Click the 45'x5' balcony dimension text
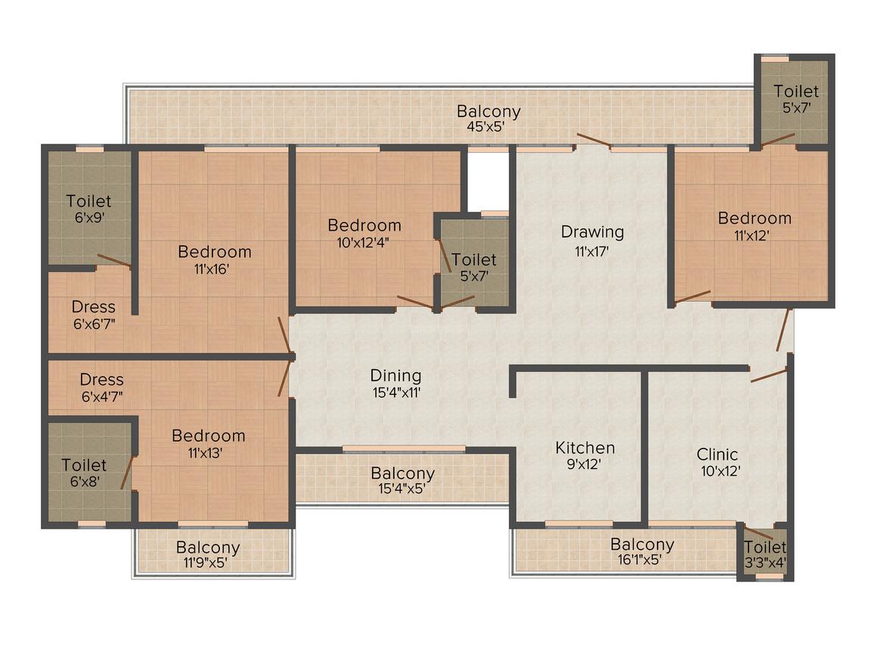pos(487,126)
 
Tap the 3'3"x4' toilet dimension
pos(766,562)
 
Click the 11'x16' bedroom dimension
pos(212,269)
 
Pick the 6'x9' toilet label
pos(89,209)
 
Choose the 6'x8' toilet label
pos(85,473)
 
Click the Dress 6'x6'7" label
pos(94,315)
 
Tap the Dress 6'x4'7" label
pos(102,387)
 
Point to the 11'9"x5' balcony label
pos(207,554)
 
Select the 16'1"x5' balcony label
pos(642,551)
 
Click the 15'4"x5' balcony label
pos(402,480)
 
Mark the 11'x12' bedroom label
pos(755,226)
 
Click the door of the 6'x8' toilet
pos(127,473)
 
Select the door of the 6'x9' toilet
pos(114,260)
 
